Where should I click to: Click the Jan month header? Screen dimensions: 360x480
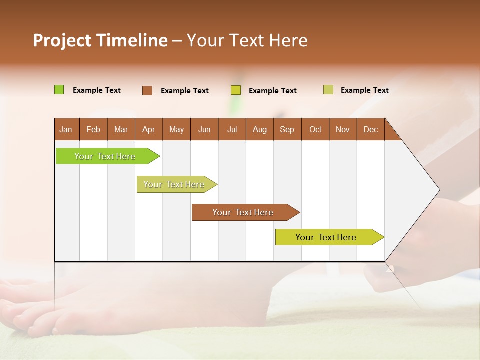(66, 129)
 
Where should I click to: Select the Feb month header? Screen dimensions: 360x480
(93, 129)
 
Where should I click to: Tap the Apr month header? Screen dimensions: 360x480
(149, 129)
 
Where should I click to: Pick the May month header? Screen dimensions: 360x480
(176, 129)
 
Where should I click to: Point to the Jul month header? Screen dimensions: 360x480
(232, 129)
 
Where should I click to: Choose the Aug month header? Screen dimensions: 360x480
(260, 129)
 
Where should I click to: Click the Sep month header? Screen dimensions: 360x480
(287, 129)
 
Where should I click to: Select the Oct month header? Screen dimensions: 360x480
(315, 129)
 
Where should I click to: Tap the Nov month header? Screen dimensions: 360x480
(343, 129)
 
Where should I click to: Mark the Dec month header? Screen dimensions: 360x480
(371, 129)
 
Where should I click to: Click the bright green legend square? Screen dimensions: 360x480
(59, 90)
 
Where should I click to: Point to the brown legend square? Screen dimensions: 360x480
(147, 90)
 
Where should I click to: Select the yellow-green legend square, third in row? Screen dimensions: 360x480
(236, 90)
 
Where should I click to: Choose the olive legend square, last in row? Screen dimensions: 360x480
(328, 90)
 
